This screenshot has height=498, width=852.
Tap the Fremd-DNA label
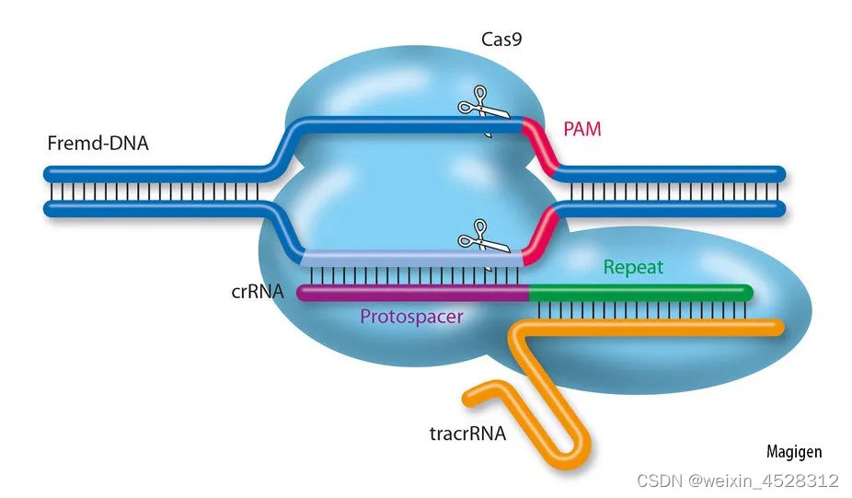(98, 144)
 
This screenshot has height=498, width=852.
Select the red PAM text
(581, 129)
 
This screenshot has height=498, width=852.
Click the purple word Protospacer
(410, 317)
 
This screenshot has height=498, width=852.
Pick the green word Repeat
(633, 268)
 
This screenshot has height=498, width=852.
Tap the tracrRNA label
(467, 432)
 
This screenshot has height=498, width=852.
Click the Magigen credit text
(794, 452)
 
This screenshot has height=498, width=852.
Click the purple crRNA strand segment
(414, 294)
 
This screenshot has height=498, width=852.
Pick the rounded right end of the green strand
(748, 294)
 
